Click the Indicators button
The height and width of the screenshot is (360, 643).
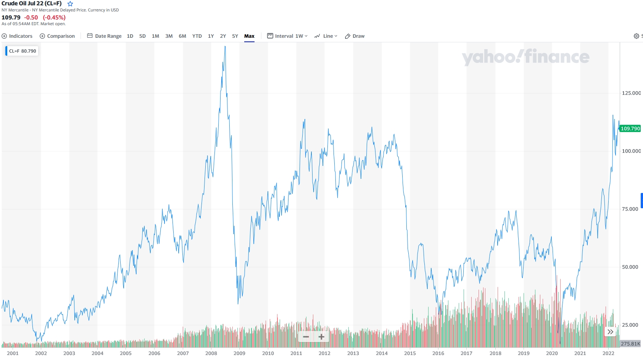pos(17,36)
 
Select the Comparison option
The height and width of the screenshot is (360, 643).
pos(57,36)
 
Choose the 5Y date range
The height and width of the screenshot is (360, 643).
pos(235,36)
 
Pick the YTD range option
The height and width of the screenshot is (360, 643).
pos(197,36)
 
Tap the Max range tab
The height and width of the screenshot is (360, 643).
pos(249,36)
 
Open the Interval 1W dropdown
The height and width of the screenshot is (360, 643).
pos(287,36)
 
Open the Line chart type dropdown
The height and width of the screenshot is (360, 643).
pos(326,36)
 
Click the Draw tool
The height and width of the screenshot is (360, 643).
pos(355,36)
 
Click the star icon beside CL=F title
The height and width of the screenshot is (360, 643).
pos(70,4)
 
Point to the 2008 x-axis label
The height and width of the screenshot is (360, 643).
pos(211,353)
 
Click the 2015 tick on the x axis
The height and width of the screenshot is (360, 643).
pos(410,353)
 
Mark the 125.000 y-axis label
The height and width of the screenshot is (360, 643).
pos(631,93)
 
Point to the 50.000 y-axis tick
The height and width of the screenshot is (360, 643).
pos(630,267)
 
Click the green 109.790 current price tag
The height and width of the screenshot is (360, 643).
pos(630,129)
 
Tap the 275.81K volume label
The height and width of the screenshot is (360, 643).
pos(630,344)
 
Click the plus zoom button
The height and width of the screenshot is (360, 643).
pos(321,337)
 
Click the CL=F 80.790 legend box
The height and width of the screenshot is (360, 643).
pos(22,51)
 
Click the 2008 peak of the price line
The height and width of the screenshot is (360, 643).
pos(225,47)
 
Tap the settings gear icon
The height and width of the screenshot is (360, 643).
pos(636,36)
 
